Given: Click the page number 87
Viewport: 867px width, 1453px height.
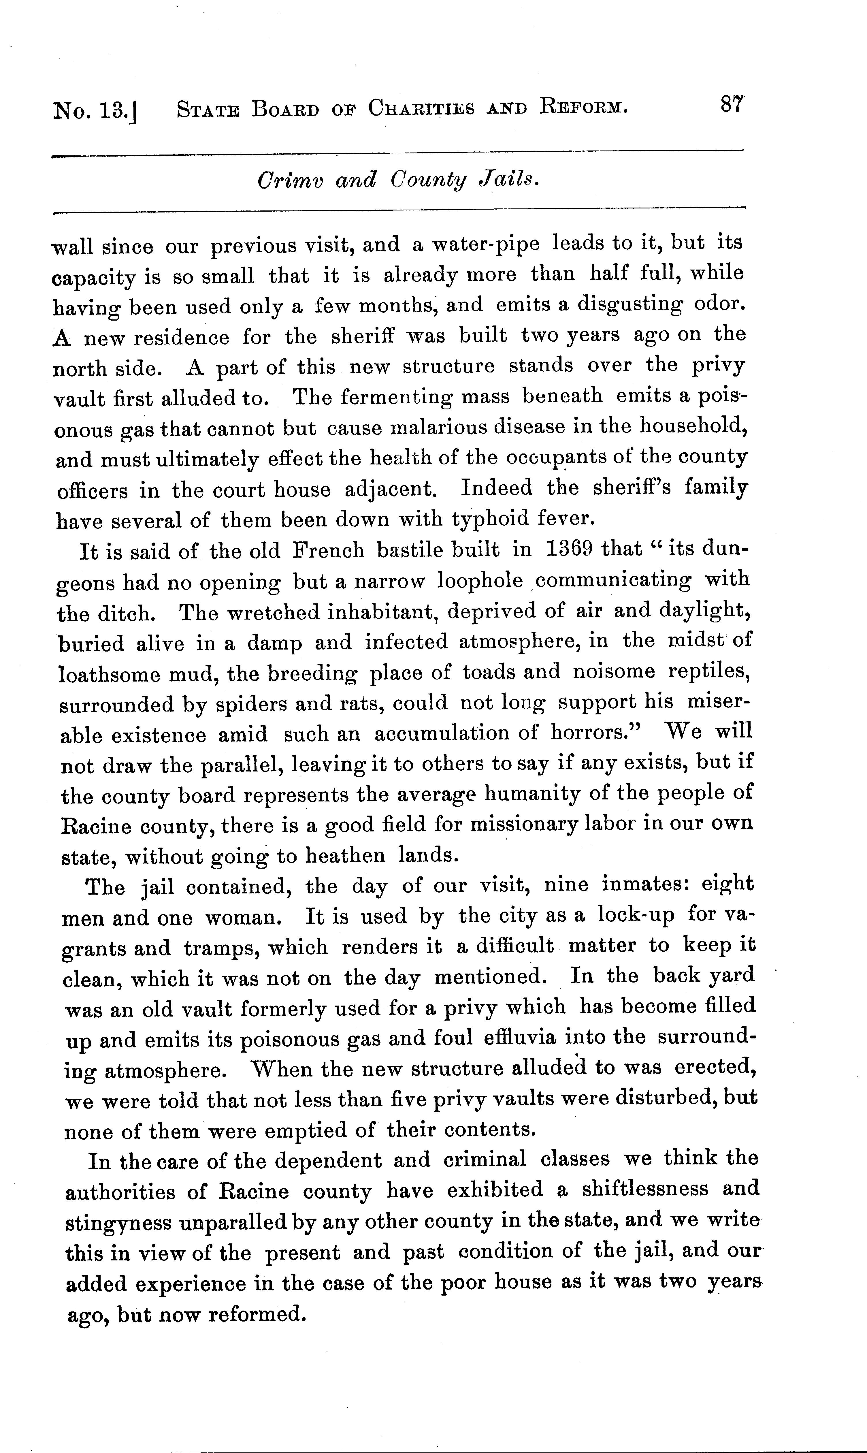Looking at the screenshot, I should coord(730,106).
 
